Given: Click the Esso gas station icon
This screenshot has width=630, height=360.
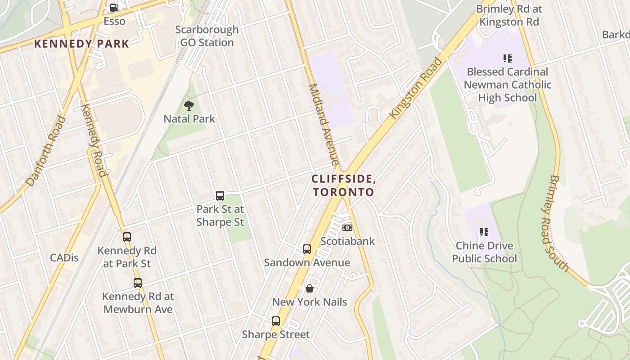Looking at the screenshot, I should (x=114, y=8).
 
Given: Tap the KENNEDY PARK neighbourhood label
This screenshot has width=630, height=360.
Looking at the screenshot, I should (x=82, y=44).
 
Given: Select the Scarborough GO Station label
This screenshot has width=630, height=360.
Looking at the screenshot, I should (x=207, y=36).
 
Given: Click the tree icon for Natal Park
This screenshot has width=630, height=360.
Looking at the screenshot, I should (x=189, y=106).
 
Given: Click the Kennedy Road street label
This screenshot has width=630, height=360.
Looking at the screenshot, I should (x=93, y=140).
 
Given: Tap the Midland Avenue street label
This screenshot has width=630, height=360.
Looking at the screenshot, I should (x=324, y=124).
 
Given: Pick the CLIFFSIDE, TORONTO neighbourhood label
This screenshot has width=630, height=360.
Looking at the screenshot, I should (x=344, y=185).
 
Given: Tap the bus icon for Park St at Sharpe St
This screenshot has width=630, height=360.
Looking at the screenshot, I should (x=220, y=196).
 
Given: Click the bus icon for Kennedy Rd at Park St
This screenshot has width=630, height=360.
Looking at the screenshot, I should (x=127, y=237).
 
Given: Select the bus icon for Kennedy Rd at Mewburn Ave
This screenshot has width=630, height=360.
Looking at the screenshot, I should (x=138, y=283).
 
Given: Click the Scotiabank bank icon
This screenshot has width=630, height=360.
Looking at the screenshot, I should (x=347, y=228).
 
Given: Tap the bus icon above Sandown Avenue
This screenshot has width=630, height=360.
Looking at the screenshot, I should (x=307, y=249).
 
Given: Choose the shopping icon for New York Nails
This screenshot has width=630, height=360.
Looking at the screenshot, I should (x=310, y=288).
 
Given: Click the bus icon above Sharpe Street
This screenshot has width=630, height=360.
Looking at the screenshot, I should (x=276, y=321).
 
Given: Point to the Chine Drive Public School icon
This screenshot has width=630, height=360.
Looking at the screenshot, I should (x=484, y=232).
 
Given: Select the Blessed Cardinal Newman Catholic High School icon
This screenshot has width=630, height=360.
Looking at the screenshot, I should (x=508, y=58).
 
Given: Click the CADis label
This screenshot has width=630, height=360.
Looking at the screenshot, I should (x=64, y=258).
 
